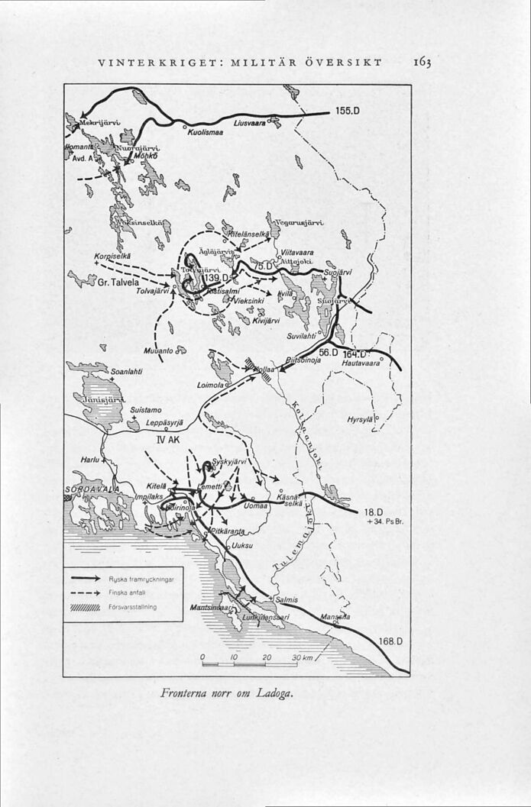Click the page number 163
point(421,60)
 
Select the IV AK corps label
point(167,440)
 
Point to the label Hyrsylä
point(360,420)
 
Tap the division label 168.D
point(391,641)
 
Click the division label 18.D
point(374,512)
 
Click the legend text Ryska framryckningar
point(143,579)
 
